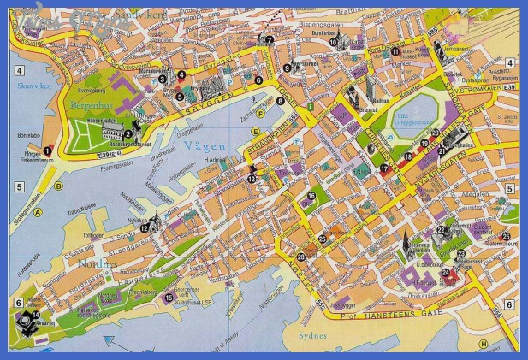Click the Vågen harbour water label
(x=203, y=146)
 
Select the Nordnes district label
(x=97, y=264)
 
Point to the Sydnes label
(x=311, y=335)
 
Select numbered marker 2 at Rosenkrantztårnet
(x=128, y=133)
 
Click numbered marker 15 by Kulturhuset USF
(x=169, y=298)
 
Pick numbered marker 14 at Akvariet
(x=36, y=315)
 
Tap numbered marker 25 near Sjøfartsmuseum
(x=506, y=236)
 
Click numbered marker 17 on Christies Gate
(x=383, y=169)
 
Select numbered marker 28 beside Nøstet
(x=300, y=257)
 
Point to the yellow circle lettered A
(x=38, y=213)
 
